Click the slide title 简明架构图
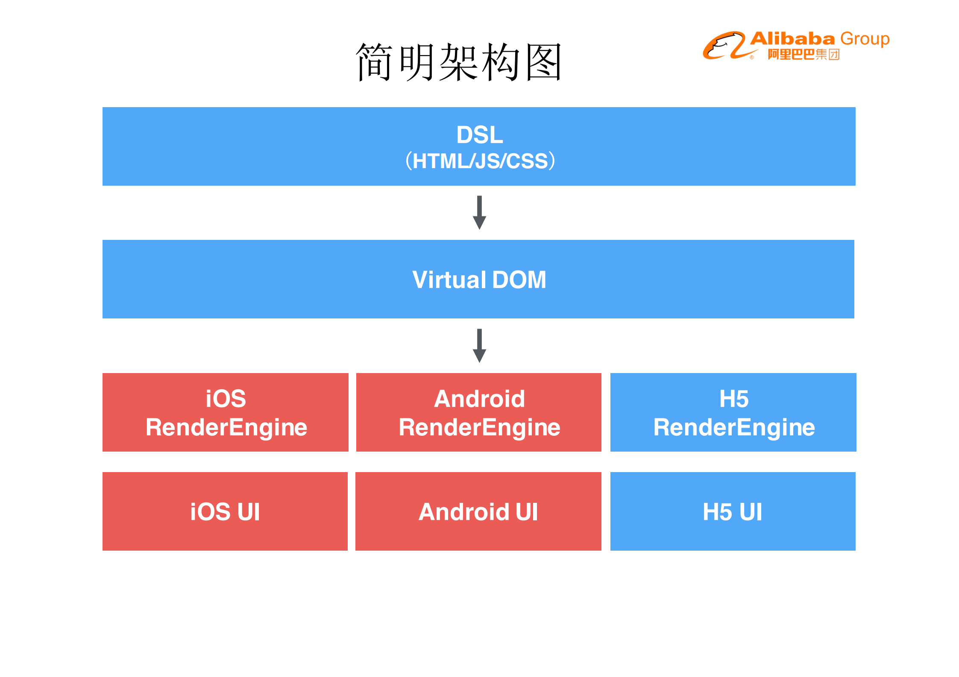tap(458, 62)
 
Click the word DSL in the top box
tap(479, 135)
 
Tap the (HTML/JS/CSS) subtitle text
tap(480, 161)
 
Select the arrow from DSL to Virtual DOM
tap(479, 213)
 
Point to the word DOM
tap(519, 280)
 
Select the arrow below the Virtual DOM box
tap(479, 346)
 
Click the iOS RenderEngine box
tap(226, 412)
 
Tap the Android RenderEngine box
tap(479, 412)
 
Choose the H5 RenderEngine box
tap(733, 412)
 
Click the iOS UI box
tap(225, 511)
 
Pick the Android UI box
tap(478, 511)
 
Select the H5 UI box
tap(733, 511)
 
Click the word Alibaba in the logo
tap(792, 39)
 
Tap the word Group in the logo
tap(865, 39)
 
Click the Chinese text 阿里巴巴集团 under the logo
tap(804, 55)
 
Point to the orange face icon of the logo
tap(724, 45)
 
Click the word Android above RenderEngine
tap(479, 399)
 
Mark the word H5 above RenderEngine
tap(733, 399)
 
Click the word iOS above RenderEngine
tap(226, 399)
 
